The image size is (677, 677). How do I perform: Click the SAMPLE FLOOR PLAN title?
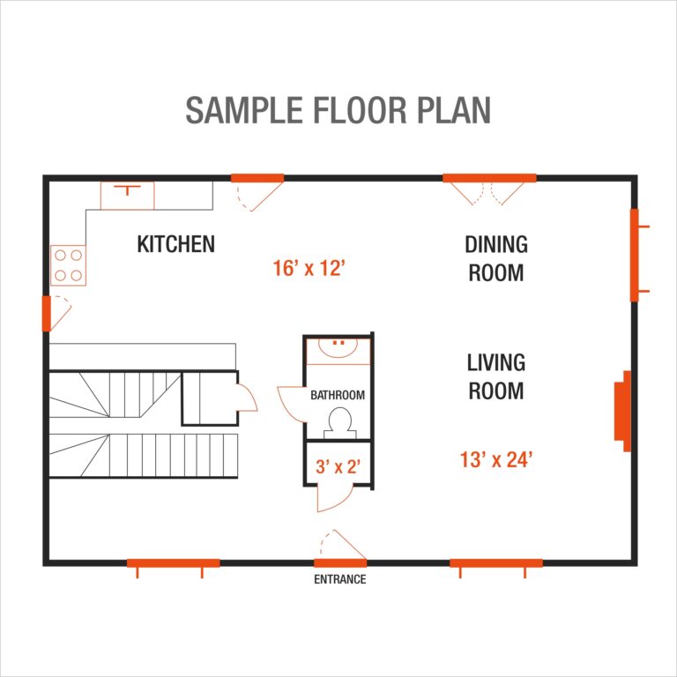tap(338, 110)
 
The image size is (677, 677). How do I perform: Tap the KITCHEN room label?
tap(175, 244)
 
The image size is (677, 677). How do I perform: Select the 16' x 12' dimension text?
tap(308, 268)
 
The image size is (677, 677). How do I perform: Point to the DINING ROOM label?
tap(495, 258)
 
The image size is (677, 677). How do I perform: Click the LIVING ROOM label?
tap(495, 376)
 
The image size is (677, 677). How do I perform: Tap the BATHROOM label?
tap(337, 396)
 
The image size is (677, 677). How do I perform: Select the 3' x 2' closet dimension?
tap(338, 466)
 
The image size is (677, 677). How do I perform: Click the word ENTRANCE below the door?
tap(339, 579)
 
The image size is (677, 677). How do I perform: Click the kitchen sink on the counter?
tap(127, 195)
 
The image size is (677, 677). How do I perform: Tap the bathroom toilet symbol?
tap(338, 422)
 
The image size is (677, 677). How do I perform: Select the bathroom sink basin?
tap(337, 349)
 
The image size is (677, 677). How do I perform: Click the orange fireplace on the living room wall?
tap(625, 411)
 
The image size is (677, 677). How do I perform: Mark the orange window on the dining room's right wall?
tap(634, 256)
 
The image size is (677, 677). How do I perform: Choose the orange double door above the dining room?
tap(489, 178)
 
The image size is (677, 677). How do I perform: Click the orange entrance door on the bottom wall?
tap(340, 562)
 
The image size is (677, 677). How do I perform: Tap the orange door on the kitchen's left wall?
tap(47, 313)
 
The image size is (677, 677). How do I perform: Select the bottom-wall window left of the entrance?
tap(173, 562)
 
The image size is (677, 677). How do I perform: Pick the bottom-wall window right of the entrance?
tap(495, 562)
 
